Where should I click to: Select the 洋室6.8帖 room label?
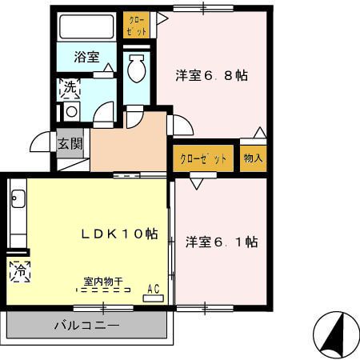coord(211,76)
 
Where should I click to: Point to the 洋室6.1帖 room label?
coord(222,241)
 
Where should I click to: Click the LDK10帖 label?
coord(119,234)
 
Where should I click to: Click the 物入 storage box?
coord(254,158)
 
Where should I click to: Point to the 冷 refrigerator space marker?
coord(18,270)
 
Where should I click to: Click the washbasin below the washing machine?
coord(70,112)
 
